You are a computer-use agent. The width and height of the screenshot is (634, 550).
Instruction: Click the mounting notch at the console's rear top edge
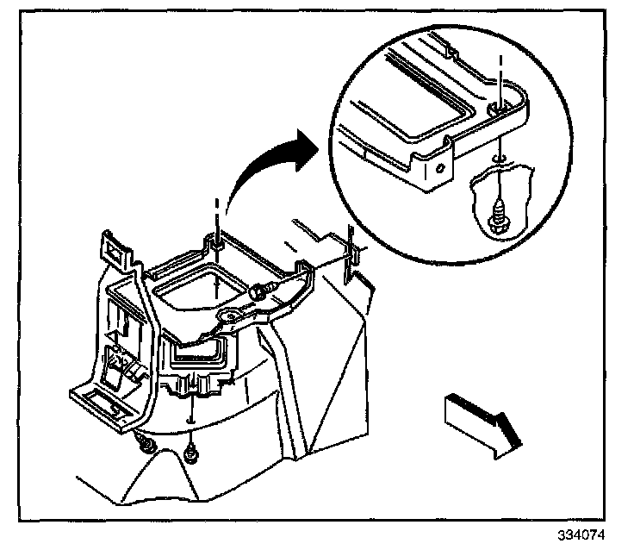[x=216, y=246]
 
